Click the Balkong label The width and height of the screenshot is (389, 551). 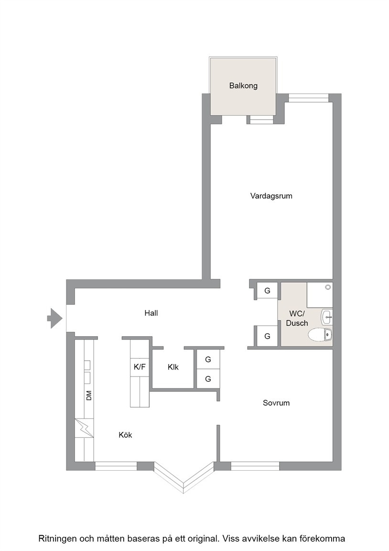[x=243, y=86]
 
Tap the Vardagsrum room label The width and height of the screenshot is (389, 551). [x=271, y=196]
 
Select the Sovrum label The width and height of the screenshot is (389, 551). [x=276, y=403]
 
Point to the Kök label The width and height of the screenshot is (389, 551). [x=125, y=435]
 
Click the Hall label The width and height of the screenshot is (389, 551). [x=151, y=313]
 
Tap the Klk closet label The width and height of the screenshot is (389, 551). [x=173, y=367]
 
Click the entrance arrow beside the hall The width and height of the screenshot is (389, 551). [x=55, y=319]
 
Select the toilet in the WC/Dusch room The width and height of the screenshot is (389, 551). [x=320, y=335]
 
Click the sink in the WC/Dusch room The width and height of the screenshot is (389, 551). [x=326, y=317]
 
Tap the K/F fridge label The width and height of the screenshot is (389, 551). [x=140, y=367]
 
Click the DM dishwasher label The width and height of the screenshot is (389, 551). [x=89, y=396]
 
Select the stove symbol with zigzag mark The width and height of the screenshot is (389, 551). [x=84, y=428]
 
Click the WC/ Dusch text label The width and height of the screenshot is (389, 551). [x=297, y=319]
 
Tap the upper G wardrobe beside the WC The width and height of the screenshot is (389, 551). [x=267, y=291]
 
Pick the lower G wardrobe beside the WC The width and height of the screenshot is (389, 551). [x=267, y=336]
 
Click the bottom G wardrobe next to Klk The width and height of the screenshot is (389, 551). [x=208, y=379]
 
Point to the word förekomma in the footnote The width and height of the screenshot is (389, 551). [x=325, y=539]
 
